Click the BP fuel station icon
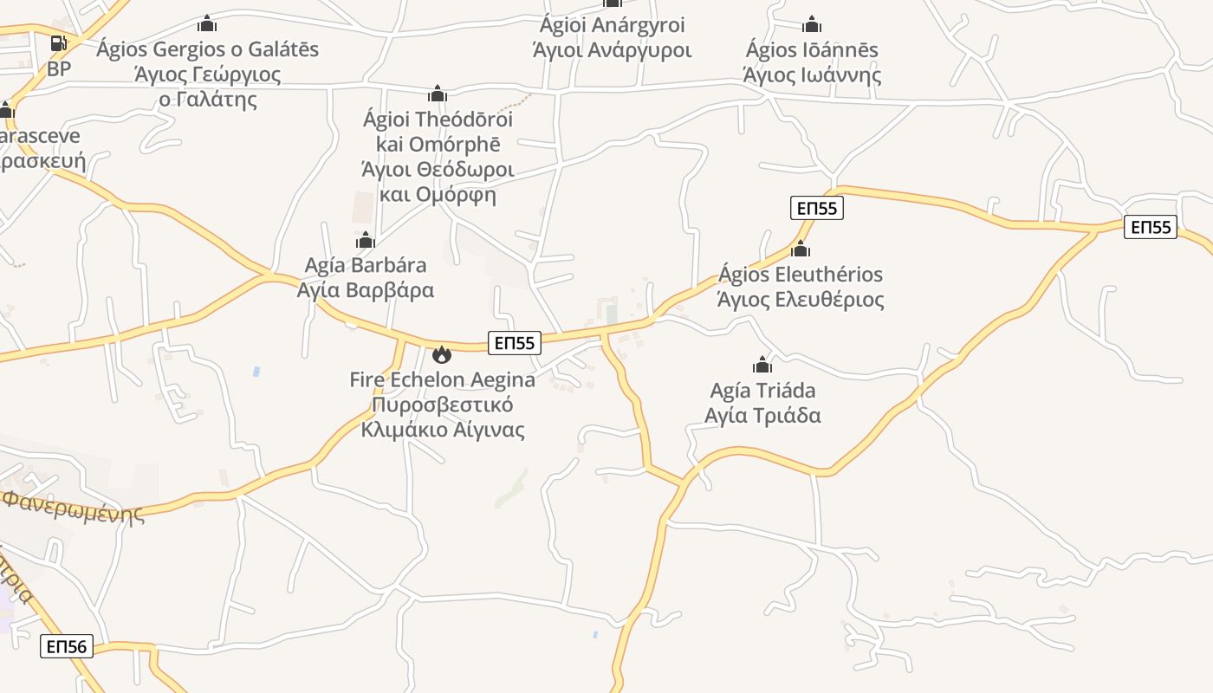tap(58, 43)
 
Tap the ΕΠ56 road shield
tap(66, 646)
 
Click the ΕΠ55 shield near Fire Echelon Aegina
tap(515, 343)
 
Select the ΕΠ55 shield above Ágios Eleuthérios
tap(817, 208)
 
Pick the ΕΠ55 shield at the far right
tap(1151, 227)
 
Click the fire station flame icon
tap(442, 353)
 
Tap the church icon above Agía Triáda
tap(762, 365)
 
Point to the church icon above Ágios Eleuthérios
tap(801, 249)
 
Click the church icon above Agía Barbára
tap(366, 240)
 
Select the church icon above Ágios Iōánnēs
tap(812, 24)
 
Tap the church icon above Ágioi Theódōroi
tap(438, 94)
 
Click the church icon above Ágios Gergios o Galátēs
tap(207, 23)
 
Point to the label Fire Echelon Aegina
tap(442, 379)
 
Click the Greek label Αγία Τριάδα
tap(762, 416)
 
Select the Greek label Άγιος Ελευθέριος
tap(801, 300)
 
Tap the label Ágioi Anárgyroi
tap(612, 26)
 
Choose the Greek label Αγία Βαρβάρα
tap(366, 290)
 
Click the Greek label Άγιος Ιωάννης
tap(812, 74)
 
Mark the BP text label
tap(59, 68)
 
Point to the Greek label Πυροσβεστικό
tap(442, 405)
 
